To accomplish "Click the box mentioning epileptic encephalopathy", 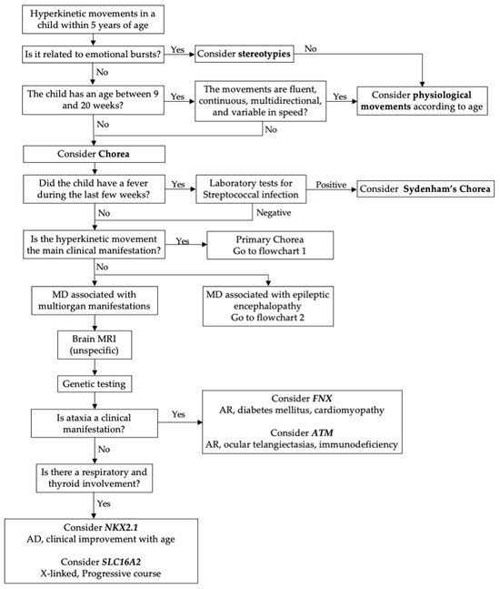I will pyautogui.click(x=265, y=307).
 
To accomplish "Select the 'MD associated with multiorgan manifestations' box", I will pyautogui.click(x=89, y=300).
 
